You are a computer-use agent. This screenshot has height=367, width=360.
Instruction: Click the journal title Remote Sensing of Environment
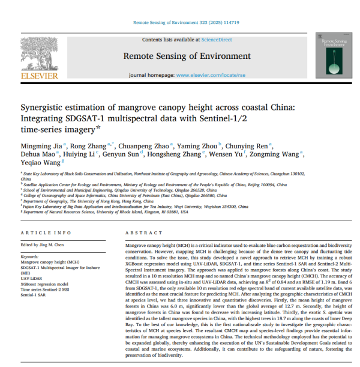point(178,56)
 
